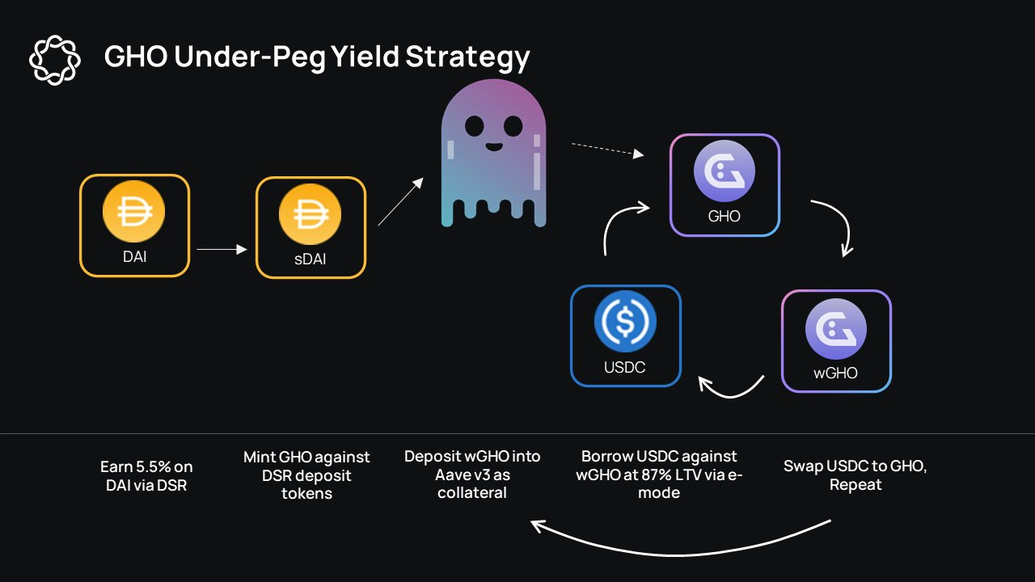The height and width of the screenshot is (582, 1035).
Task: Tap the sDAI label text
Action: [x=310, y=259]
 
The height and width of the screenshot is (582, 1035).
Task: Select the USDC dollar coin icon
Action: [x=625, y=320]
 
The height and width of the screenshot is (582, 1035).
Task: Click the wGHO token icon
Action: [x=836, y=329]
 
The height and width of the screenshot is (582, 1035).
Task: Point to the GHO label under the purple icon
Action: [x=724, y=217]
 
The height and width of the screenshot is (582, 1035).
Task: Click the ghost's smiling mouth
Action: [x=493, y=148]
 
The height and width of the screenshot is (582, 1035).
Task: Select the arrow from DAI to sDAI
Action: [x=221, y=250]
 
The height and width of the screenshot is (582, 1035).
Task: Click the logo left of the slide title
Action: [x=55, y=59]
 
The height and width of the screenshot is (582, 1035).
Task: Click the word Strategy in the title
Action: [x=467, y=57]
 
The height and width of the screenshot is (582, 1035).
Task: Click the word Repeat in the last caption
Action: [x=855, y=485]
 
